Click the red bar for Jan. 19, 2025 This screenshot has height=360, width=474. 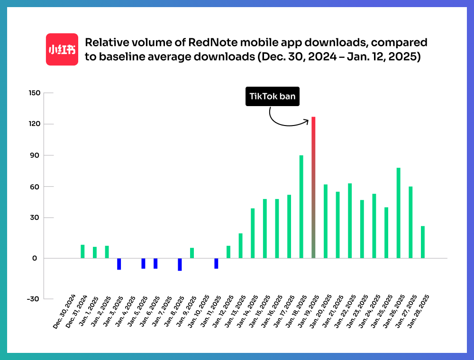click(313, 187)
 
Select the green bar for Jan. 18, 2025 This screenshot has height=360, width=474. click(301, 207)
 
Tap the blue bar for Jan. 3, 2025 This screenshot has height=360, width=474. click(119, 264)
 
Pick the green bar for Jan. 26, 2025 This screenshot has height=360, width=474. click(398, 213)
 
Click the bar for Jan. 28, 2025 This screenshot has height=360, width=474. click(422, 242)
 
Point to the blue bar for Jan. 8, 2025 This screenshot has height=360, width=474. click(180, 264)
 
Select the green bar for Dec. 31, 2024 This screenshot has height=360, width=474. click(82, 252)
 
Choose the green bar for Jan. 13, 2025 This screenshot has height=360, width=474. click(240, 246)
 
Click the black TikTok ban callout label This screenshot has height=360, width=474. click(273, 97)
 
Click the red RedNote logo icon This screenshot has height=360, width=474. click(62, 49)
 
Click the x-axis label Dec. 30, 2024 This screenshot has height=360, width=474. click(64, 315)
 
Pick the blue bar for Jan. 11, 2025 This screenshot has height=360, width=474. click(216, 263)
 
